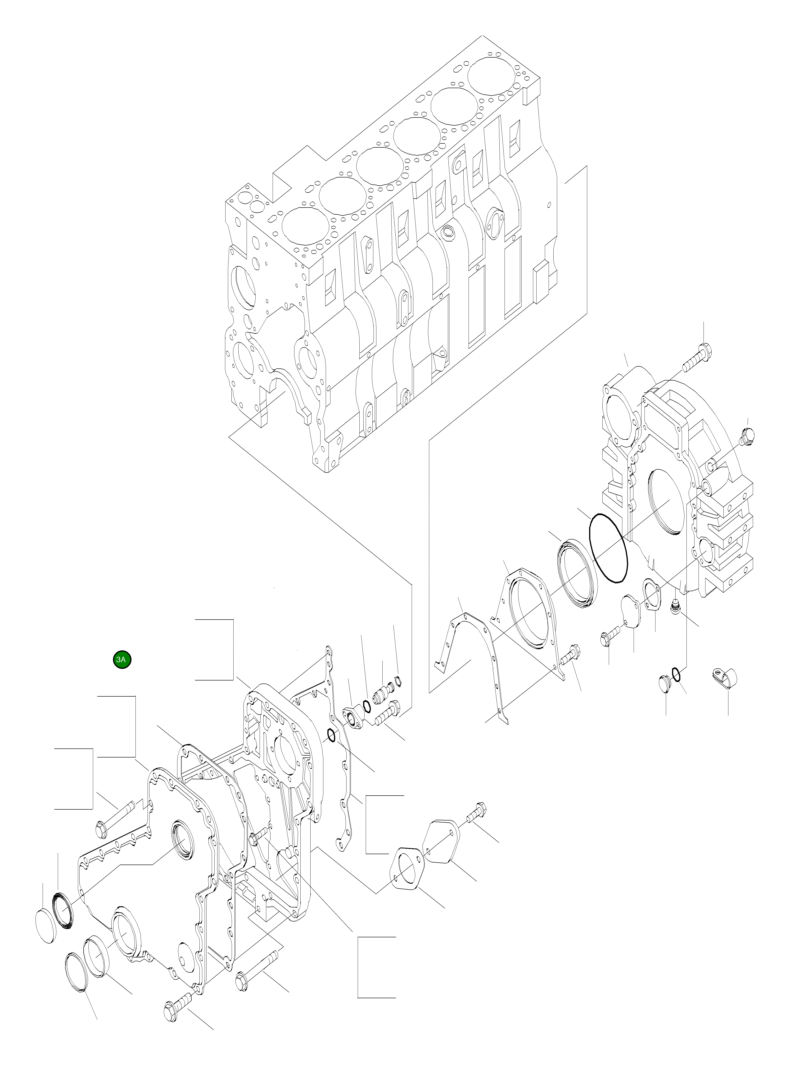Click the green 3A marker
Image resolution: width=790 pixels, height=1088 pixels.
[x=122, y=660]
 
